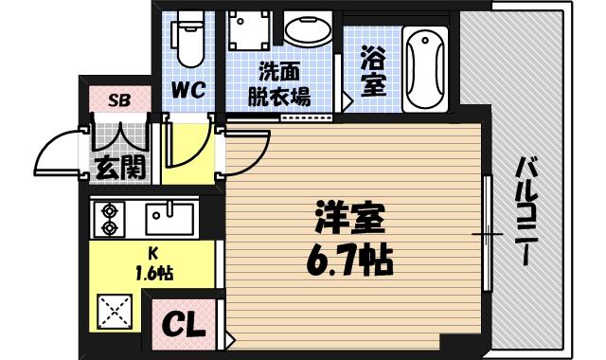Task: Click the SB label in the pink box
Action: pos(119,99)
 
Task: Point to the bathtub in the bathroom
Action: pos(424,68)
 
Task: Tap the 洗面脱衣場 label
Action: pos(279,84)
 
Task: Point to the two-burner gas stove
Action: pos(109,219)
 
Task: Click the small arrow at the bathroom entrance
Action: pos(348,98)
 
